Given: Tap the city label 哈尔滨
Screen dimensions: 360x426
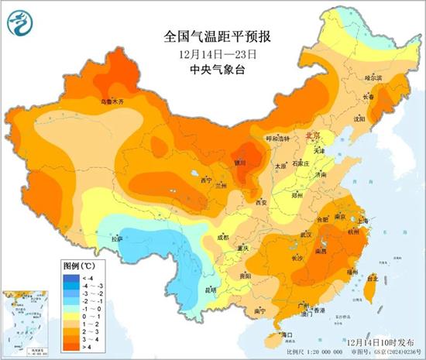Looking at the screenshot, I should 374,77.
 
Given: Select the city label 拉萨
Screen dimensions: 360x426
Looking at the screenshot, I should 117,239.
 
